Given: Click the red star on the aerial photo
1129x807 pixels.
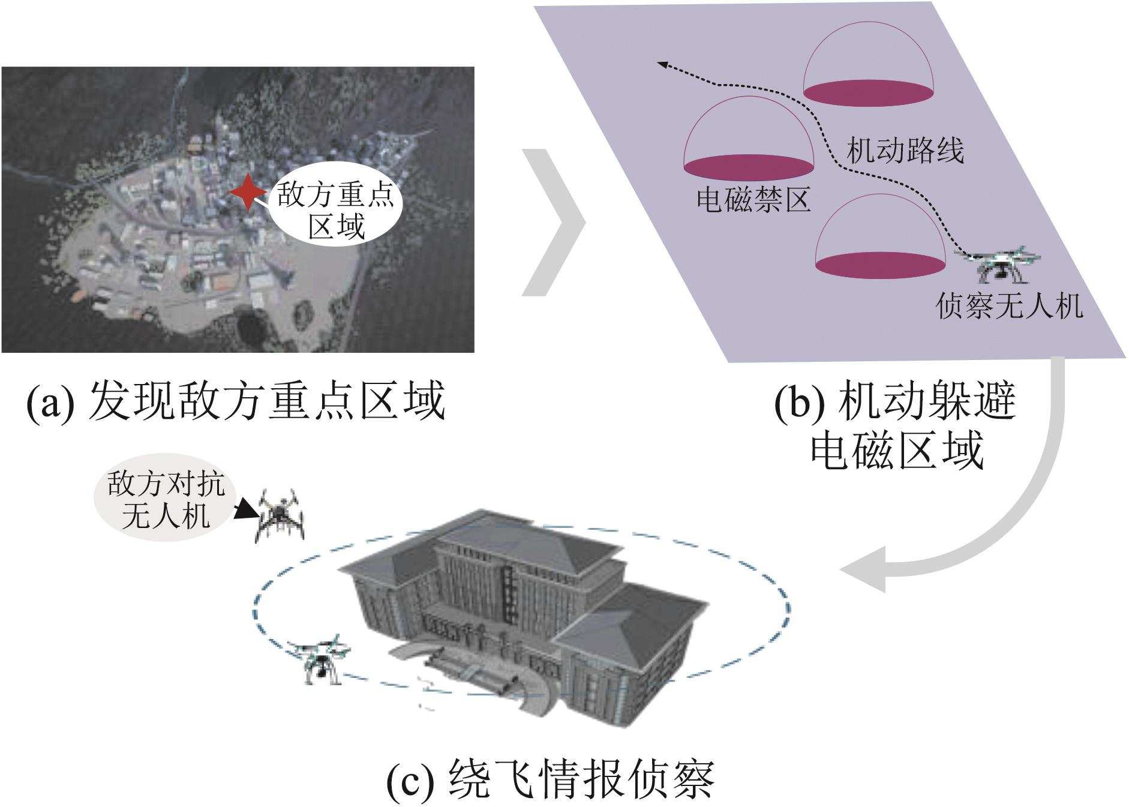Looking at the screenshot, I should pyautogui.click(x=247, y=191).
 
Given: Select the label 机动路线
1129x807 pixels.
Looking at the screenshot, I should pyautogui.click(x=905, y=151).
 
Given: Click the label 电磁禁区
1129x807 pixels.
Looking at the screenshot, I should pyautogui.click(x=753, y=199).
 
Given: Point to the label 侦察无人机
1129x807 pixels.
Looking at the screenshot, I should pyautogui.click(x=1009, y=307).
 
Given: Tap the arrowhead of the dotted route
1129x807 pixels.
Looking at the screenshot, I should pyautogui.click(x=663, y=63).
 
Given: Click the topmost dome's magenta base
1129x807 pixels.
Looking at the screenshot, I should pyautogui.click(x=869, y=91).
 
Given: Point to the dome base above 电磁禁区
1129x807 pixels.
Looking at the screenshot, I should pyautogui.click(x=749, y=166).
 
